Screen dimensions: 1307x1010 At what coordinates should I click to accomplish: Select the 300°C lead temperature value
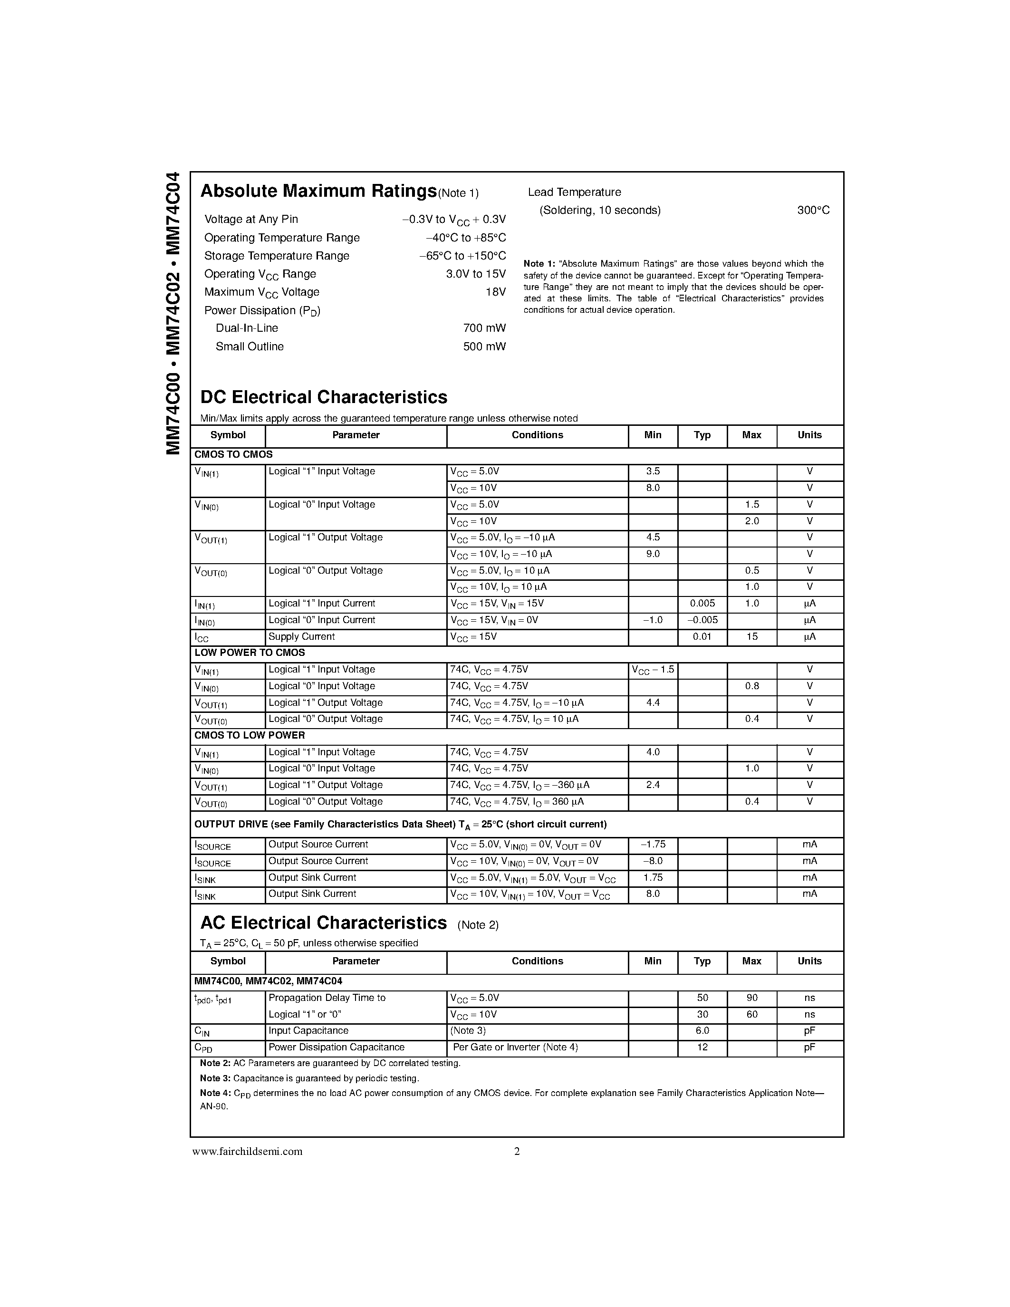(813, 210)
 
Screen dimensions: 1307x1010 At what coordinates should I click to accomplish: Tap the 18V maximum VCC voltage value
(495, 292)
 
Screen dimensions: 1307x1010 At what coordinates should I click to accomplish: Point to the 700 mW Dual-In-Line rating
(484, 328)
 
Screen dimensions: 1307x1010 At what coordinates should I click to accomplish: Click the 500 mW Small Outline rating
(484, 346)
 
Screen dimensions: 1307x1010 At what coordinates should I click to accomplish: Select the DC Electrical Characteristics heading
(323, 397)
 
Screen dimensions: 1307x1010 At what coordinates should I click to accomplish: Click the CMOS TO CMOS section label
(233, 454)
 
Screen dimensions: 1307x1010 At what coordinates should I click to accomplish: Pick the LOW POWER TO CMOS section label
(250, 652)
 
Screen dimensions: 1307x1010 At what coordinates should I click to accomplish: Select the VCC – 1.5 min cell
(652, 670)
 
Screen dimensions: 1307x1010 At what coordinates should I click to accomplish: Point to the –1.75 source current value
(652, 845)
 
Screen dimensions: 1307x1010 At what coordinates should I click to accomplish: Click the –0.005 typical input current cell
(702, 620)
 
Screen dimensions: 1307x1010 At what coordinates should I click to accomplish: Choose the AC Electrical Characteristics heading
(323, 923)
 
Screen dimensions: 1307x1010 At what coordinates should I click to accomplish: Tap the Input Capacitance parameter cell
(308, 1030)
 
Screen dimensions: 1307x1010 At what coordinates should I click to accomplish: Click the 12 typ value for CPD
(702, 1048)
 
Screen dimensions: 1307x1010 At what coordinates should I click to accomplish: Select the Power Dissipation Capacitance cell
(336, 1048)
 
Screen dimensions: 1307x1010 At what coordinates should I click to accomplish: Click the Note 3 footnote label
(215, 1078)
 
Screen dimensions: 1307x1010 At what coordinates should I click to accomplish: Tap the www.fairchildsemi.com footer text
(247, 1152)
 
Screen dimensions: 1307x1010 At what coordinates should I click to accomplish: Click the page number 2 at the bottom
(517, 1152)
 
